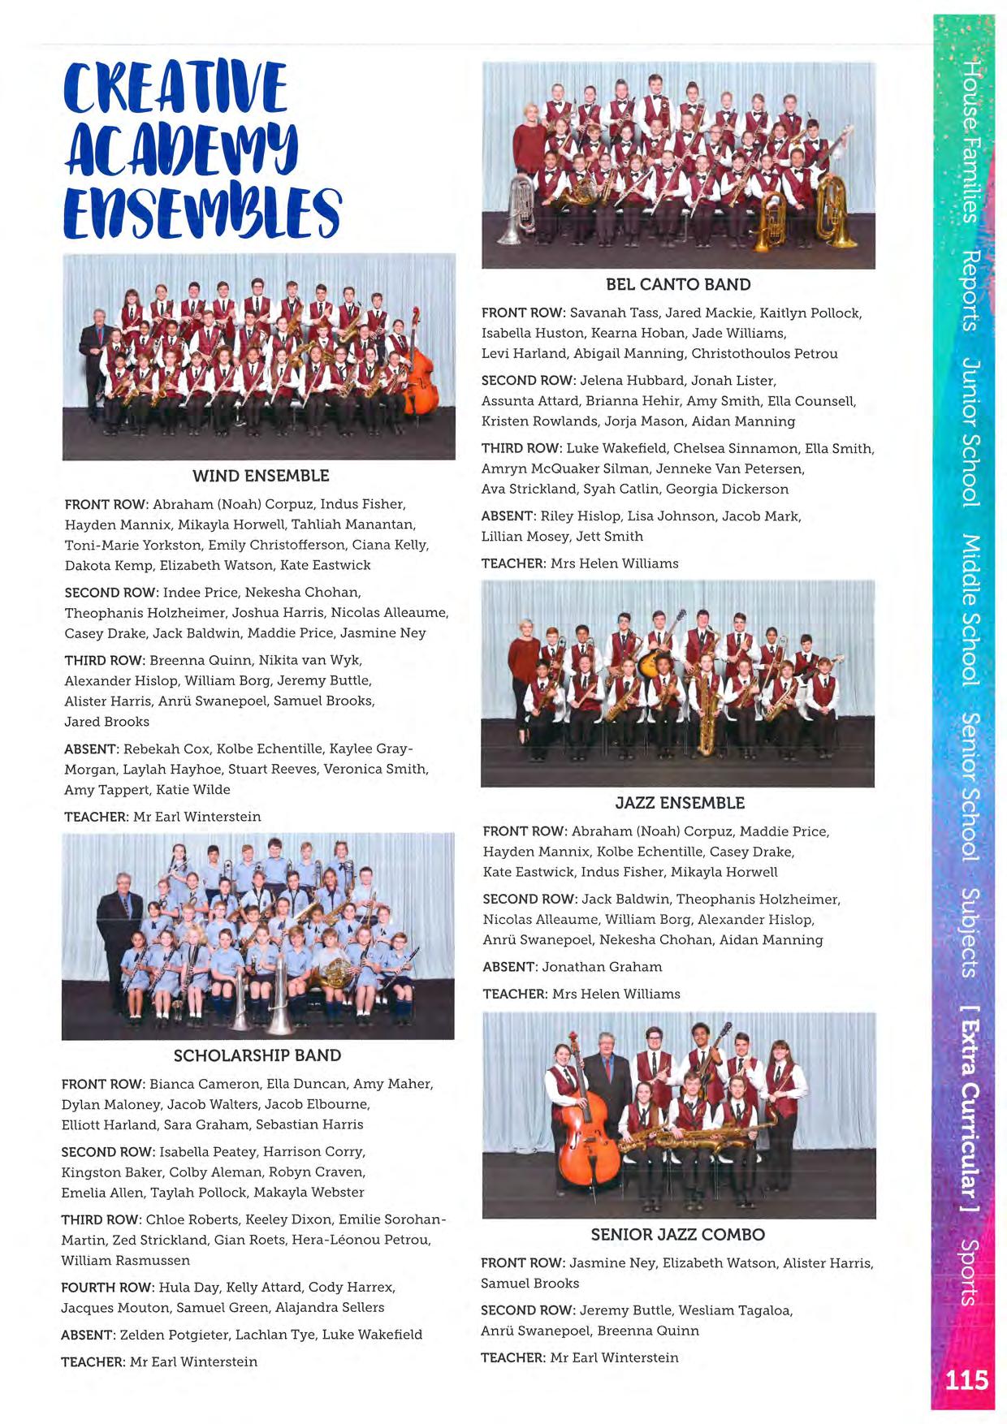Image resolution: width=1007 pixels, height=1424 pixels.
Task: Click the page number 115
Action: tap(966, 1379)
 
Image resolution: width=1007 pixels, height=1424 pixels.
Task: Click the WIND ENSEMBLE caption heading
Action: tap(261, 476)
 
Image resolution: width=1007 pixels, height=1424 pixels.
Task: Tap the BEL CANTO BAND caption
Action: tap(678, 284)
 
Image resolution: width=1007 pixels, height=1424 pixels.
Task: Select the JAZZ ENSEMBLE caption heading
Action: tap(680, 803)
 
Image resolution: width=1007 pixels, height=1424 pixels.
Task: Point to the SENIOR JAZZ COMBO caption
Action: tap(677, 1235)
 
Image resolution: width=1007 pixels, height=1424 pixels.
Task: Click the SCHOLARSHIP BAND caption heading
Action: tap(257, 1055)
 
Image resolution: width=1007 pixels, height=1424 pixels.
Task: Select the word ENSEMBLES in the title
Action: tap(202, 212)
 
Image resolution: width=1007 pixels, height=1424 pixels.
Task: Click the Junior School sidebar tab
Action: tap(970, 431)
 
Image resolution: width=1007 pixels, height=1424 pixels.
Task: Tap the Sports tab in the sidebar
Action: tap(970, 1271)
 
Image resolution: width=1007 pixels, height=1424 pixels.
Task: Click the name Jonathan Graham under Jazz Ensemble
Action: tap(602, 967)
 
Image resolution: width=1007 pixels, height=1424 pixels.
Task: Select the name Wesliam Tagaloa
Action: tap(735, 1310)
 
